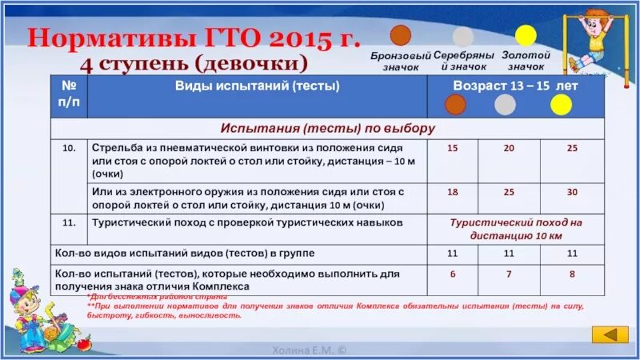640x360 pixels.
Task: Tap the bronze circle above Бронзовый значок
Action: coord(400,35)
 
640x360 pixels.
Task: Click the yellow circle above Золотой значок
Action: coord(526,36)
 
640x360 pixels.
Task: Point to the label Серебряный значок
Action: coord(463,61)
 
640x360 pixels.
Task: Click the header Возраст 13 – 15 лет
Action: coord(516,85)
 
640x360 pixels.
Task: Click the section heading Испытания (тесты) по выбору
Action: coord(328,128)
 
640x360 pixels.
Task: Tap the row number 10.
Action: coord(69,149)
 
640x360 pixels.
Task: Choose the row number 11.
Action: coord(69,222)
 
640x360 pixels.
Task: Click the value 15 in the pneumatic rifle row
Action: coord(453,149)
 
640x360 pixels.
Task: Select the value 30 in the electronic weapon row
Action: coord(571,193)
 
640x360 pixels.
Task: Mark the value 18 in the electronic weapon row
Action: coord(453,193)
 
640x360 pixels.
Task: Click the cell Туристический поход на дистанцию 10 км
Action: coord(515,229)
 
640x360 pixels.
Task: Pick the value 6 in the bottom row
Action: coord(453,274)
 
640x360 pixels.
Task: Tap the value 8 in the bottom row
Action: coord(571,274)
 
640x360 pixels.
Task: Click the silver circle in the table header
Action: coord(505,105)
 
